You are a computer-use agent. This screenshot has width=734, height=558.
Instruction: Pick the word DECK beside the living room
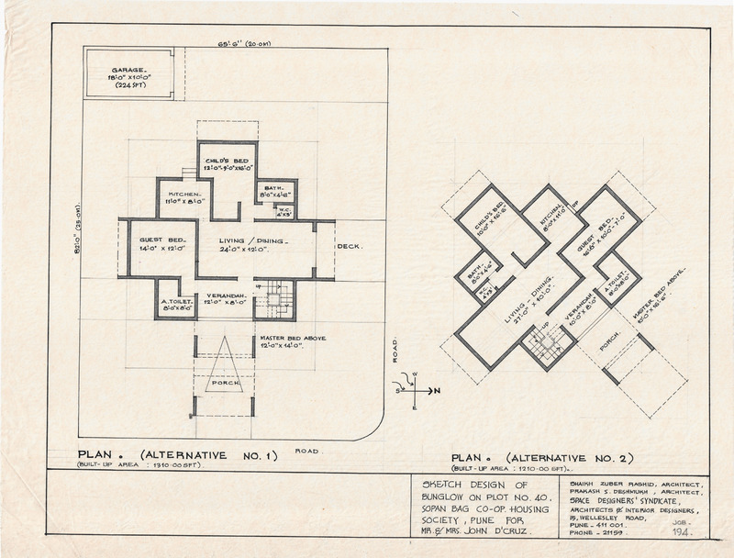click(x=350, y=247)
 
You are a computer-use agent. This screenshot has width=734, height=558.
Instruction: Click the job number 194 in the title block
click(x=681, y=532)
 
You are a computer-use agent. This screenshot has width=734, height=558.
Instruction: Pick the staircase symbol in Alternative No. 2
click(x=547, y=345)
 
